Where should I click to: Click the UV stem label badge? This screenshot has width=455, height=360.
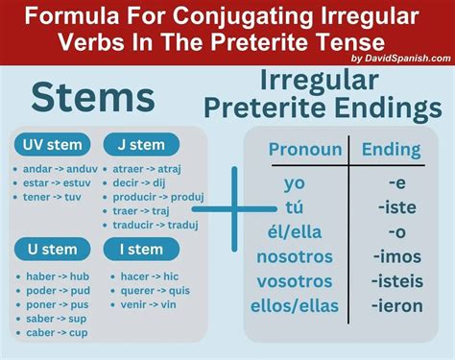(52, 145)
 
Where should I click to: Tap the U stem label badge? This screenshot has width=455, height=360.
(47, 250)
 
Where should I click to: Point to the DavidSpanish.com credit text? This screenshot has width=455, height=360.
(400, 58)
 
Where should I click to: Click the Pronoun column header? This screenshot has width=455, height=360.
(304, 149)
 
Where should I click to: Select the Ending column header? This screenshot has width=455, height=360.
(391, 149)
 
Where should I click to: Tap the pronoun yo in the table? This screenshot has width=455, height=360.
(295, 182)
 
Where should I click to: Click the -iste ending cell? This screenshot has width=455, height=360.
(394, 206)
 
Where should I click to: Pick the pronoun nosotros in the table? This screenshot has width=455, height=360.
(295, 257)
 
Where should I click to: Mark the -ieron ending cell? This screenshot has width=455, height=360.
(396, 307)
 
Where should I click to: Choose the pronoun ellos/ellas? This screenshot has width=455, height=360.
(295, 307)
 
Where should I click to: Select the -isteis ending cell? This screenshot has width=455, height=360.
(396, 282)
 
